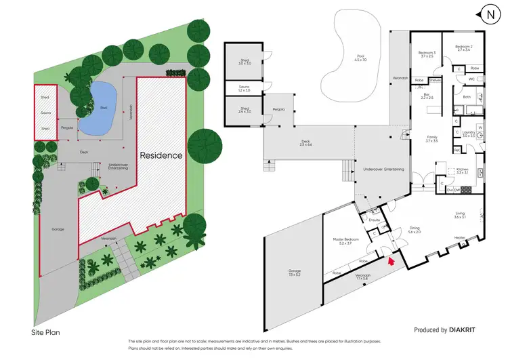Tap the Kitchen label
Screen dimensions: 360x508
[463, 172]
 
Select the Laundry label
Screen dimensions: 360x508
[468, 134]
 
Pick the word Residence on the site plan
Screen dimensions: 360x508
[161, 155]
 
